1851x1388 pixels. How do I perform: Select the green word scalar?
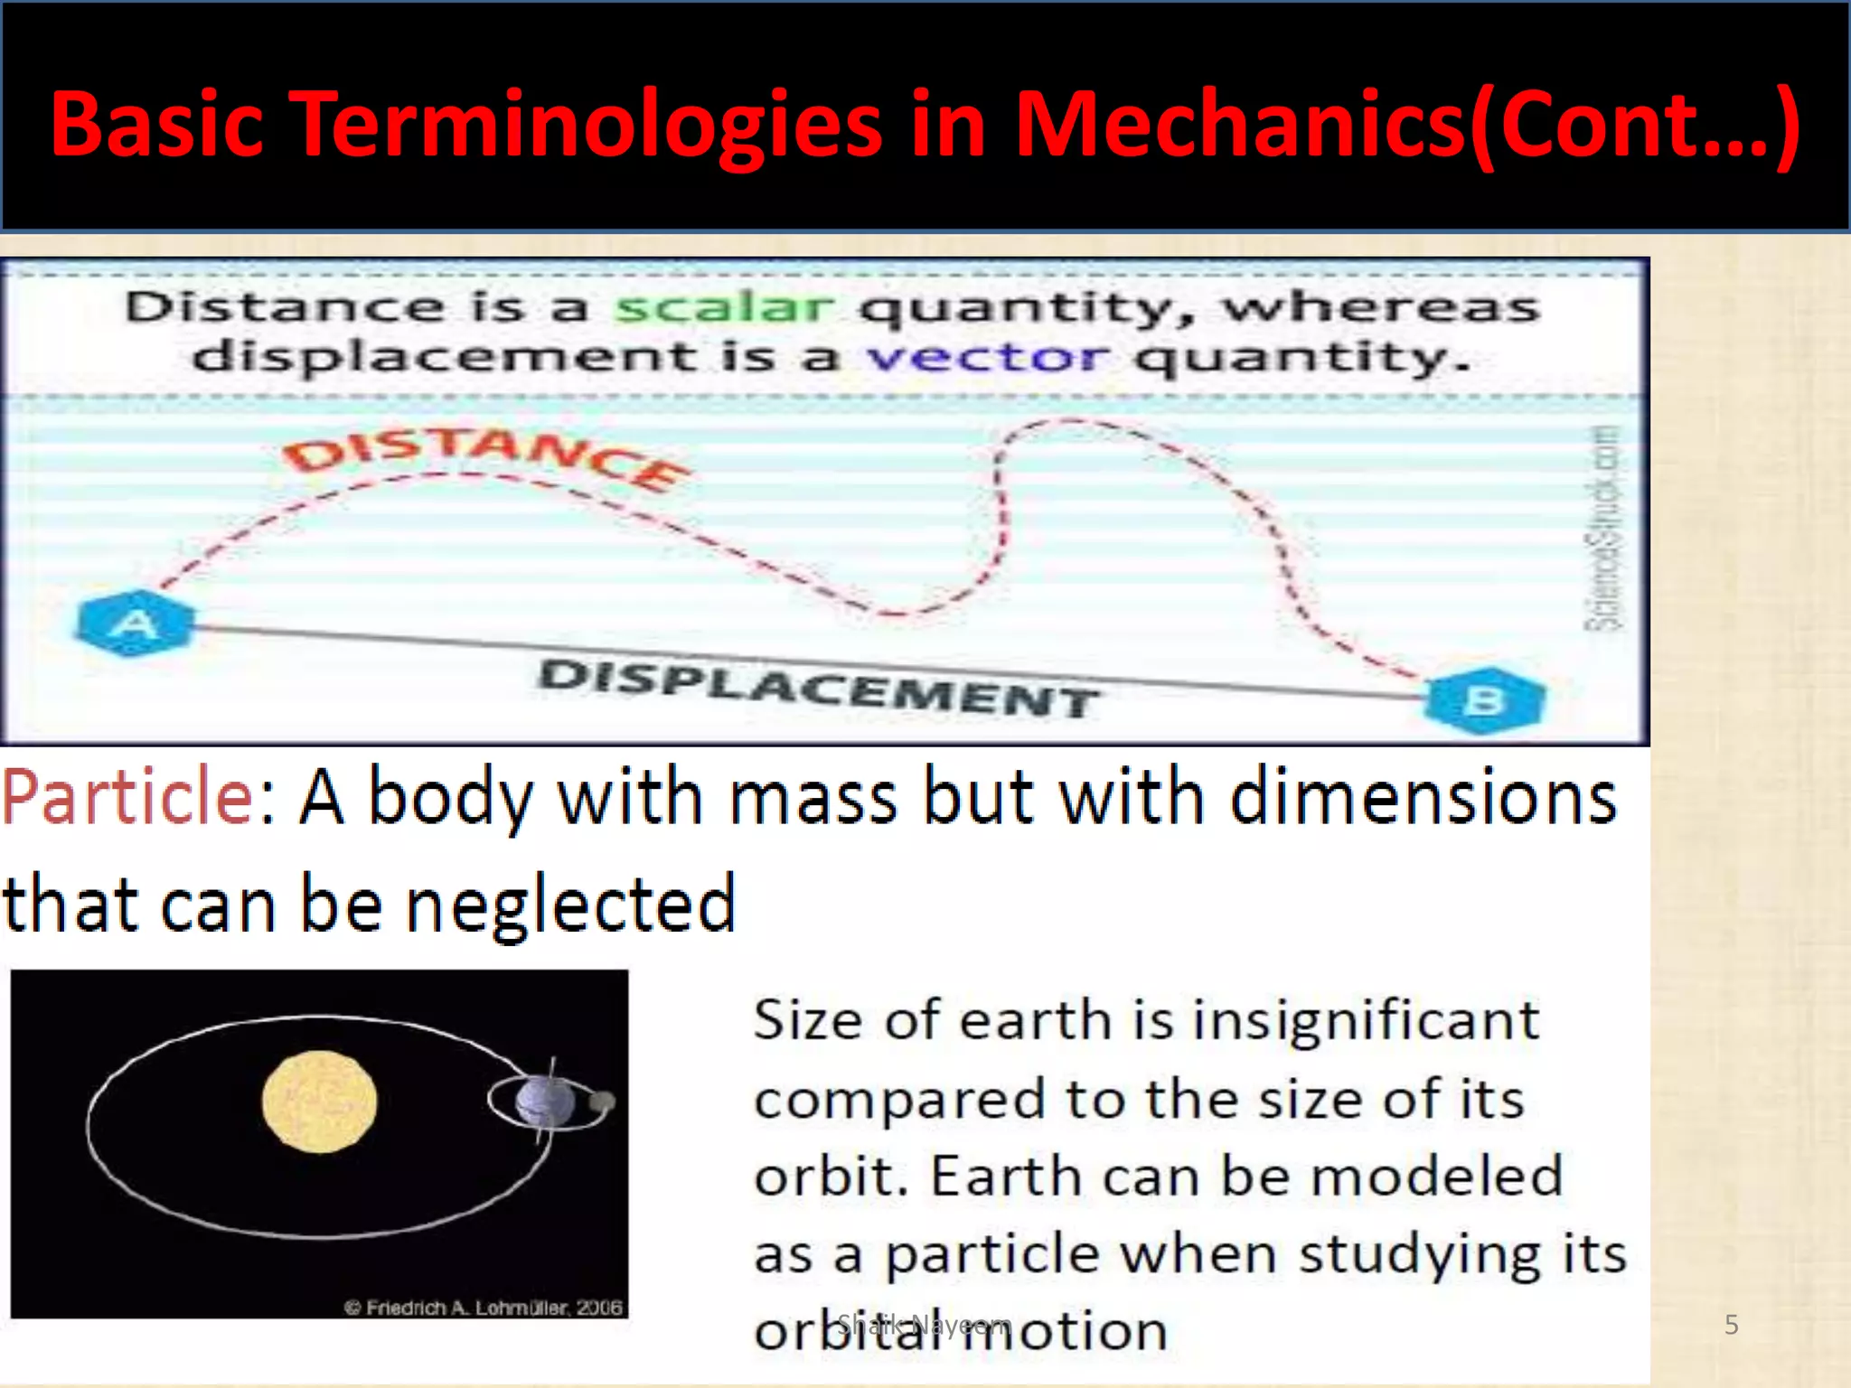pyautogui.click(x=723, y=308)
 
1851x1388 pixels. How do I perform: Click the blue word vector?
pyautogui.click(x=986, y=358)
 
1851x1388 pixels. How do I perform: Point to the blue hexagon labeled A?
pyautogui.click(x=136, y=624)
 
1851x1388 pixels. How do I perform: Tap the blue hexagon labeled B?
pyautogui.click(x=1485, y=700)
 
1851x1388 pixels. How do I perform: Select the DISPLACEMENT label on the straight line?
pyautogui.click(x=818, y=689)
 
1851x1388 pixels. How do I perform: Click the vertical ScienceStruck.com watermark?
pyautogui.click(x=1605, y=529)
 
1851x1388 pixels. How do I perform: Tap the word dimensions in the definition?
pyautogui.click(x=1423, y=797)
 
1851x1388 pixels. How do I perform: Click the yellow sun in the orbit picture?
pyautogui.click(x=319, y=1102)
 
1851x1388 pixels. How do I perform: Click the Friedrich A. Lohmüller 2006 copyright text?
pyautogui.click(x=484, y=1307)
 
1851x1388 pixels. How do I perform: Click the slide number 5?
pyautogui.click(x=1731, y=1325)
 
